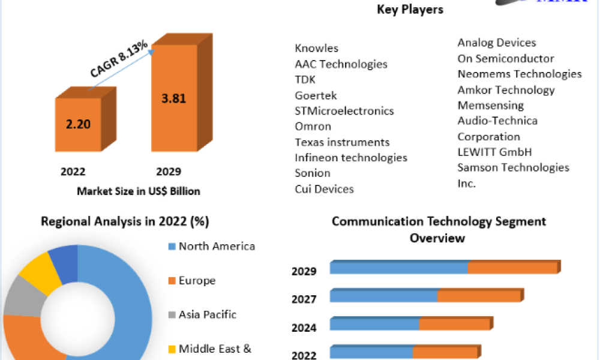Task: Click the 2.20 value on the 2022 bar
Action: [77, 125]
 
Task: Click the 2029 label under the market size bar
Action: [169, 172]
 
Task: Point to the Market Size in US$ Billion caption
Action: [138, 191]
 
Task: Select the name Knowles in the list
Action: [316, 48]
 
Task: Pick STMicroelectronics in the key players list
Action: [344, 110]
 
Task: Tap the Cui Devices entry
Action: [324, 189]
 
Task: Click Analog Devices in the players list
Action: [496, 43]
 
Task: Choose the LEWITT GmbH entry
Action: [494, 152]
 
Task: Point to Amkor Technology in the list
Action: [506, 89]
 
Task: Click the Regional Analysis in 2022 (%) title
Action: [124, 221]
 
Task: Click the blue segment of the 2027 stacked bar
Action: [383, 296]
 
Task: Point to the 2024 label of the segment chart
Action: [304, 328]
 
